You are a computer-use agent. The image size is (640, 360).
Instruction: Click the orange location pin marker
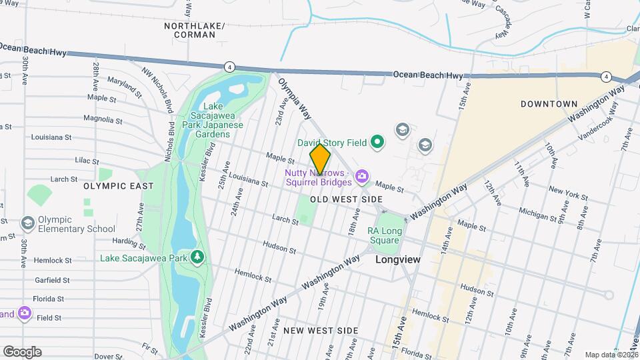point(320,159)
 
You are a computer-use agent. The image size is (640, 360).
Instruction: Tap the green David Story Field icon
point(377,141)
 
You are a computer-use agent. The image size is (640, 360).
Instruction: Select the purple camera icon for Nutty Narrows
point(362,176)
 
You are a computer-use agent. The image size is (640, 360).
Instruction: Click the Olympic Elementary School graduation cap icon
point(28,222)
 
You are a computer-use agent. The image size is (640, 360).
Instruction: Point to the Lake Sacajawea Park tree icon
point(197,257)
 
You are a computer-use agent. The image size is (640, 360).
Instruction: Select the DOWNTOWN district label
point(549,104)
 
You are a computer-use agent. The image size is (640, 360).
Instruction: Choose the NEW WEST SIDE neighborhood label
point(320,331)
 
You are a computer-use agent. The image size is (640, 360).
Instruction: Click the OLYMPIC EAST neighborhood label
point(114,187)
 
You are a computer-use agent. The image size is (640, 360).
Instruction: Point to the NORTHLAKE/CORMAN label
point(195,30)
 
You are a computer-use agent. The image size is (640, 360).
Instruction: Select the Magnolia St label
point(101,120)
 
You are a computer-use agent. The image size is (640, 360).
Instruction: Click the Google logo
point(22,352)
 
